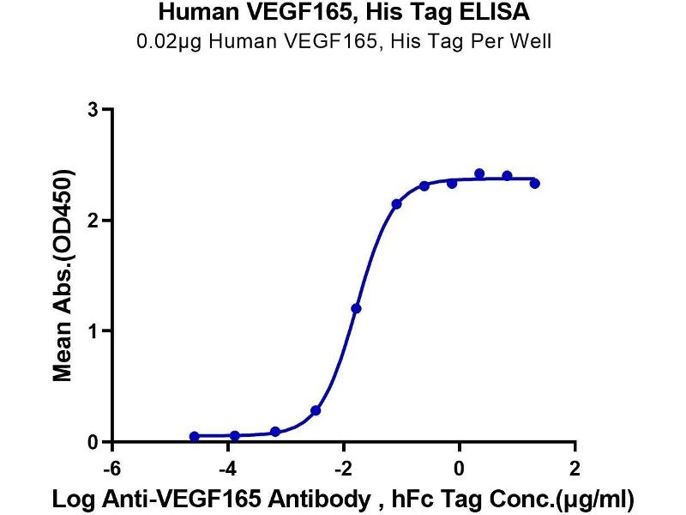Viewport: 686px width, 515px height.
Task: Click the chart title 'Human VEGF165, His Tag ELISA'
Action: point(344,14)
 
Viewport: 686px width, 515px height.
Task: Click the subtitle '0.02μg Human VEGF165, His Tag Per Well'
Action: point(344,40)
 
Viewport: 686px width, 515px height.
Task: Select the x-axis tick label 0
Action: point(460,469)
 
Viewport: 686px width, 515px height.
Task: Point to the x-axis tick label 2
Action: point(575,469)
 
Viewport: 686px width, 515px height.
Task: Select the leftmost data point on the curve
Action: point(195,437)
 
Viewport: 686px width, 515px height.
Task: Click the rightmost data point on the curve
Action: point(535,184)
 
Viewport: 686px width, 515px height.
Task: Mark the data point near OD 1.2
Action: point(357,308)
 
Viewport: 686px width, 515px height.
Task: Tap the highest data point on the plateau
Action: point(479,174)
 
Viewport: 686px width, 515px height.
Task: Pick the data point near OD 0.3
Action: point(316,411)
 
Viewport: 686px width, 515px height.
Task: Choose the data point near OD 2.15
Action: point(397,204)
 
